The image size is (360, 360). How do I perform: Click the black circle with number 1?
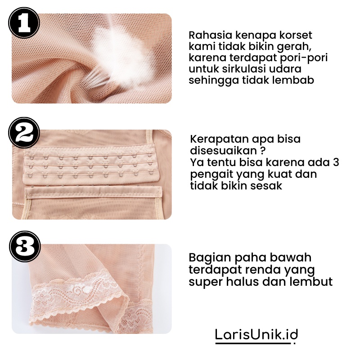pos(24,22)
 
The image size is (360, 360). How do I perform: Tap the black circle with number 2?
pos(24,133)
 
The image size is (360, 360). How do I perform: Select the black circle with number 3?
pos(25,246)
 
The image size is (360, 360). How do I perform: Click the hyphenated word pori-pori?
pos(303,58)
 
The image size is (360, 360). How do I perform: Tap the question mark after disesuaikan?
pos(263,151)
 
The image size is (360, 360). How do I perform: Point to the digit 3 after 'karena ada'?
pos(336,162)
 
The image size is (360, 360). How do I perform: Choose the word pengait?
pos(211,175)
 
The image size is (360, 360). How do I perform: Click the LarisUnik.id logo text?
pos(256,335)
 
